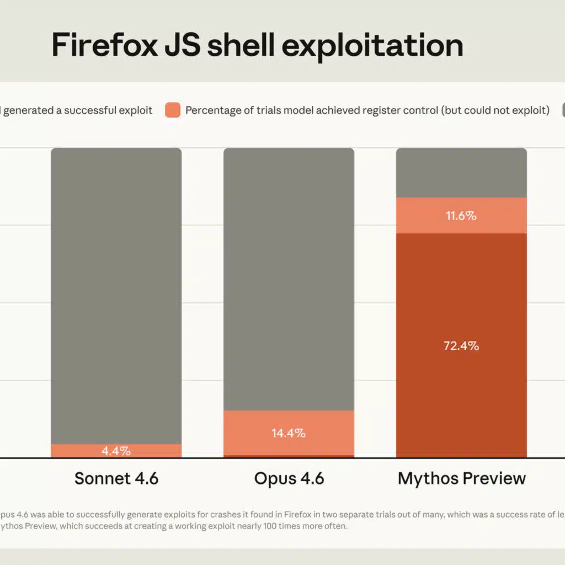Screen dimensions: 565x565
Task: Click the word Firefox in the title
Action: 102,46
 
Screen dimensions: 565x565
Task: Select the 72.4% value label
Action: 461,347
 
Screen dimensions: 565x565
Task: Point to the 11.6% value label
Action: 461,216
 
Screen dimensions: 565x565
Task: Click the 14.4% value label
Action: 289,433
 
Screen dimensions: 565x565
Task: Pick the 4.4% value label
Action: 116,451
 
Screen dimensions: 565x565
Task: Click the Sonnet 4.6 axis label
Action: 116,478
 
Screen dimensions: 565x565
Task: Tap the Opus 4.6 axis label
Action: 289,478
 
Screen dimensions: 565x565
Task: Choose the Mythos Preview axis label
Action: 461,478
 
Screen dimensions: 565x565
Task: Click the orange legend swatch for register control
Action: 173,110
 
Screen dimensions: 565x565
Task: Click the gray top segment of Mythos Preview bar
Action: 461,173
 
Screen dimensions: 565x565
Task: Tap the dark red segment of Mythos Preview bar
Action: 461,386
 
